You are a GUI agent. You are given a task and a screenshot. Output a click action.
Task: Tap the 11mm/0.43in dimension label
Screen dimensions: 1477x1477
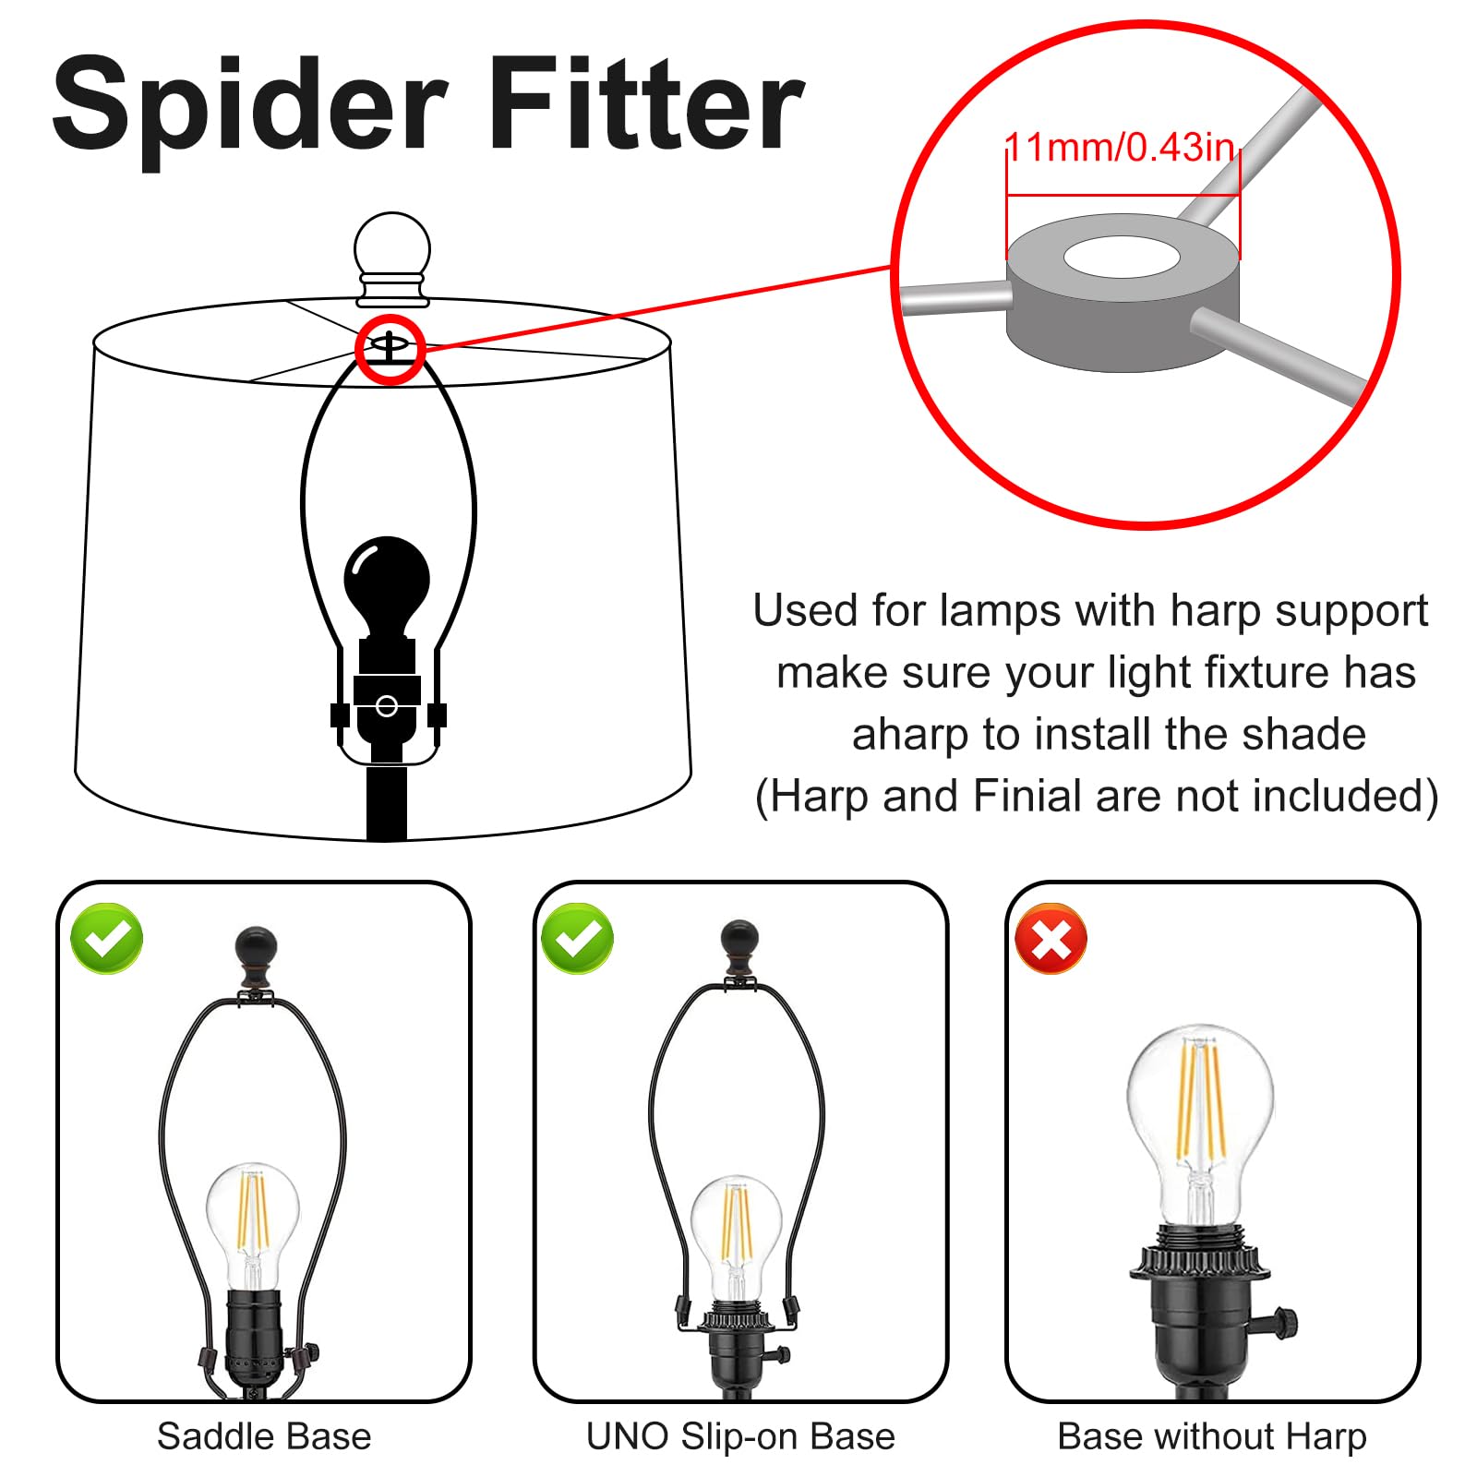coord(1120,148)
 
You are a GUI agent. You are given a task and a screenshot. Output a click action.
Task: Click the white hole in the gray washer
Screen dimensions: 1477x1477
coord(1122,257)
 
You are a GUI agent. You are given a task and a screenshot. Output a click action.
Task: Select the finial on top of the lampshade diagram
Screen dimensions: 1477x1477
coord(392,258)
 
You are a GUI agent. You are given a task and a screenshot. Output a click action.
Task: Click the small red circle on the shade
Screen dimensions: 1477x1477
coord(390,349)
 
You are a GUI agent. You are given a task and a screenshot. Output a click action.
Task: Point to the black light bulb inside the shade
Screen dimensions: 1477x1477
coord(387,586)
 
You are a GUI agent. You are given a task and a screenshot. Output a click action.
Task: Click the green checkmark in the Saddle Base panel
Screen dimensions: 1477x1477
coord(107,938)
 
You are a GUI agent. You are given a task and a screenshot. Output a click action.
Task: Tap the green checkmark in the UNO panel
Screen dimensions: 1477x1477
coord(578,938)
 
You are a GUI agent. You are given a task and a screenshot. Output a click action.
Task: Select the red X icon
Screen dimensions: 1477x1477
coord(1051,938)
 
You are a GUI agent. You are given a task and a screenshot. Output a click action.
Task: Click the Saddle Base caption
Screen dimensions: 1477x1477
coord(264,1436)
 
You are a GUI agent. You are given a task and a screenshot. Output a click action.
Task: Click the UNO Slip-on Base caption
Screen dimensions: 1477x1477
coord(740,1436)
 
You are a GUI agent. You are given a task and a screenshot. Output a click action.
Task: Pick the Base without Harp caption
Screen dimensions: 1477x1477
coord(1212,1436)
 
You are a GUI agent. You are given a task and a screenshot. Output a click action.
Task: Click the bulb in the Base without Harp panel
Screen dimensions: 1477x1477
coord(1200,1126)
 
